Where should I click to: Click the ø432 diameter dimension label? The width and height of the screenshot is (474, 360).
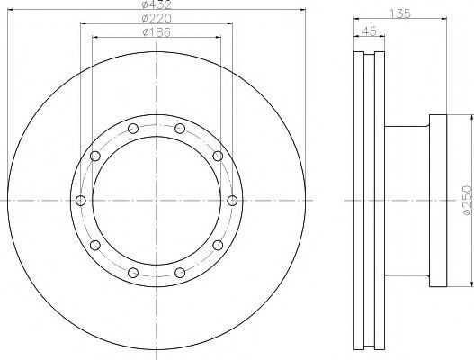pyautogui.click(x=157, y=4)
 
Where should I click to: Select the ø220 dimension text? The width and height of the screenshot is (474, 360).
pyautogui.click(x=157, y=19)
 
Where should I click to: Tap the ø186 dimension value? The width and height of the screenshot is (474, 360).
pyautogui.click(x=157, y=32)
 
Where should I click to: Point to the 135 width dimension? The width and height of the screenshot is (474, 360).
pyautogui.click(x=400, y=13)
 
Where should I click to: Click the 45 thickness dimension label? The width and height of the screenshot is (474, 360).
pyautogui.click(x=369, y=31)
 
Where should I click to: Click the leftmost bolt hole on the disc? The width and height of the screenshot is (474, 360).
pyautogui.click(x=81, y=201)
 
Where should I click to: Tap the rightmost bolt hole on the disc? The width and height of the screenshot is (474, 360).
pyautogui.click(x=232, y=201)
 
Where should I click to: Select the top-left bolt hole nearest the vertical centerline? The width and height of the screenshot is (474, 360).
pyautogui.click(x=133, y=129)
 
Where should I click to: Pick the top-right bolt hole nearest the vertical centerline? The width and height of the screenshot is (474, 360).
pyautogui.click(x=180, y=129)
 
